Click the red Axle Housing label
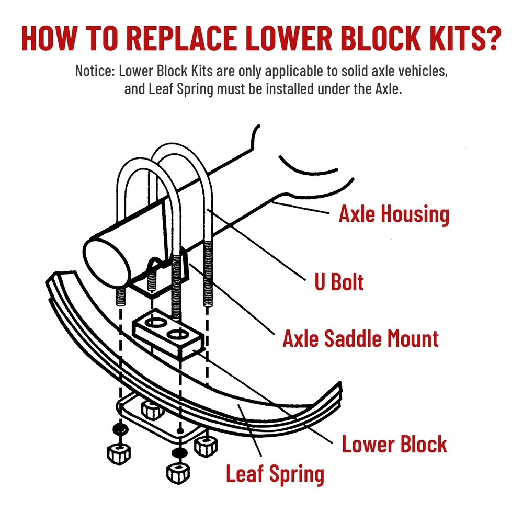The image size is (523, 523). [394, 214]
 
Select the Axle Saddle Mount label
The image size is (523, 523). [360, 339]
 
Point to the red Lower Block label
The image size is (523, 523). [394, 445]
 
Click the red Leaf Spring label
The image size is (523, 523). [275, 474]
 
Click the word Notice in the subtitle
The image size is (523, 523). [92, 71]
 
